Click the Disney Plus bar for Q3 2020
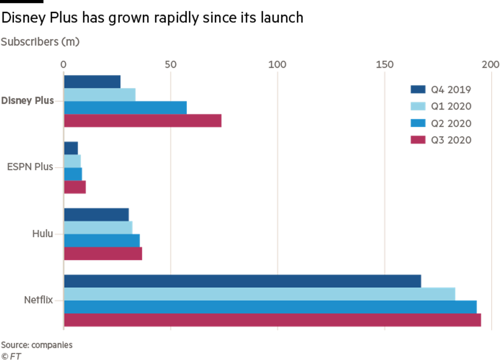click(143, 121)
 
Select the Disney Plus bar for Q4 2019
click(93, 81)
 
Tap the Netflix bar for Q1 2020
click(260, 294)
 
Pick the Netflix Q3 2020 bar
click(273, 320)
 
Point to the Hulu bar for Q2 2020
click(102, 240)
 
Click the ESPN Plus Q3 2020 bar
click(75, 187)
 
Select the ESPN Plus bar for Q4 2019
click(71, 148)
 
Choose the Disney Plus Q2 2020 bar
click(125, 107)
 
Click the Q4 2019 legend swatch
click(418, 90)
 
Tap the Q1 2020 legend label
click(451, 106)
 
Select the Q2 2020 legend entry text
click(451, 123)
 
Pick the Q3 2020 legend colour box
click(418, 140)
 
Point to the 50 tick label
click(170, 65)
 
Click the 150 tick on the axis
click(384, 65)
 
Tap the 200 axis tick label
click(490, 65)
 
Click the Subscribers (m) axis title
click(40, 42)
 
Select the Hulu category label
click(43, 234)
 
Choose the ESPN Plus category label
click(30, 167)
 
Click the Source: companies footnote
click(37, 345)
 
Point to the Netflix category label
click(38, 300)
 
